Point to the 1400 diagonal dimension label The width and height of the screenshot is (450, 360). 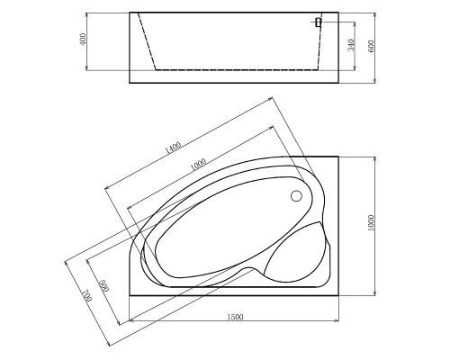tap(174, 145)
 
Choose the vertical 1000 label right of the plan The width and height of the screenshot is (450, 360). tap(372, 224)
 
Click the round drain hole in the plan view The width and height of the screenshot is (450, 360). tap(297, 195)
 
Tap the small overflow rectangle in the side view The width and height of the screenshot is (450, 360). tap(319, 22)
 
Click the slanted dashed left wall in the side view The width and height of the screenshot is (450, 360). tap(150, 41)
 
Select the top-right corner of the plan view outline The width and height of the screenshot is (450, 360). tap(337, 155)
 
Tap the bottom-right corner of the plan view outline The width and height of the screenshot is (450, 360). tap(337, 293)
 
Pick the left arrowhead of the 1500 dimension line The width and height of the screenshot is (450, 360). tap(131, 319)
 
